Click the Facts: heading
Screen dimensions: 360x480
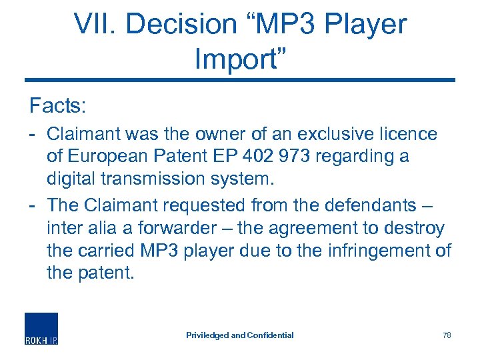click(59, 105)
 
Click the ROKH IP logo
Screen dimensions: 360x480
click(41, 329)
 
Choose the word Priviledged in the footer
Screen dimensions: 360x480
click(207, 335)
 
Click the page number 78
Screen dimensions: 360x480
click(447, 335)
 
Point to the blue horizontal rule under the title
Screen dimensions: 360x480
click(240, 81)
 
